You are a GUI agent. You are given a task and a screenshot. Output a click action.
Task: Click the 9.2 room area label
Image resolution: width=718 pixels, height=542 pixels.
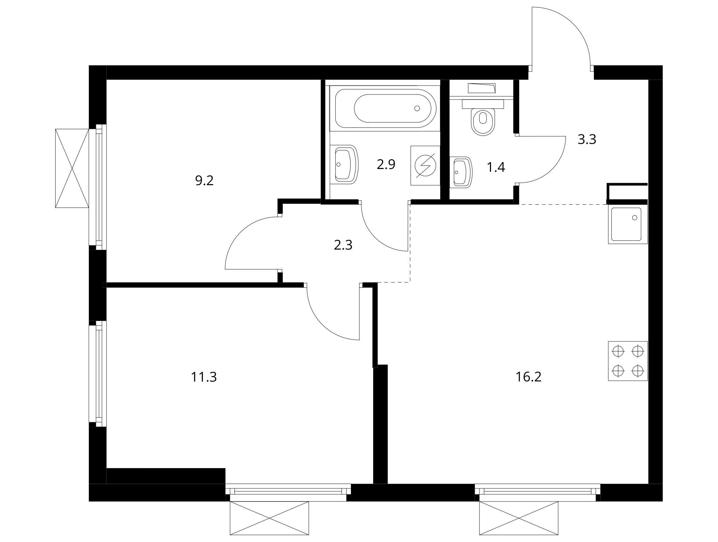coord(204,181)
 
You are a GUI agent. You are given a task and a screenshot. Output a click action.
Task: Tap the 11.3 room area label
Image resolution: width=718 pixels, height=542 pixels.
coord(204,377)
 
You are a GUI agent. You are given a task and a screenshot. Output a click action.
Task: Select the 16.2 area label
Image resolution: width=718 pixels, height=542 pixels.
coord(528,377)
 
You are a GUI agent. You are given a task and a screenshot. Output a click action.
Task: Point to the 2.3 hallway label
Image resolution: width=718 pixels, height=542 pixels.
coord(343,245)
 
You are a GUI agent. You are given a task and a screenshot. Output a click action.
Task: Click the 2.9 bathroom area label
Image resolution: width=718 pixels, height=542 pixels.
coord(386,165)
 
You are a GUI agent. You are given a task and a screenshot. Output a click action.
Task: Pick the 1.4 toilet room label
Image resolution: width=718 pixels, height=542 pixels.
coord(496,167)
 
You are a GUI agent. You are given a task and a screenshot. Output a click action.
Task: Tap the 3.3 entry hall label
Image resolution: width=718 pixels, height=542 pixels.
coord(587,139)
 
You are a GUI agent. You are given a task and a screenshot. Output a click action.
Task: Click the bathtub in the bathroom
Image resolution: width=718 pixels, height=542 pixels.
coord(385,108)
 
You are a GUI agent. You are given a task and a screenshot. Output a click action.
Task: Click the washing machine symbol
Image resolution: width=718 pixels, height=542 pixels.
coord(425,165)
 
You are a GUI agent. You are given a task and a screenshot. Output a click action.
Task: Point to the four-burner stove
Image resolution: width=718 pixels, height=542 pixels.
coord(628,361)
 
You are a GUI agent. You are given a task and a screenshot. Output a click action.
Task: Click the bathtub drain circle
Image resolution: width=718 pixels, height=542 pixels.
coord(417,108)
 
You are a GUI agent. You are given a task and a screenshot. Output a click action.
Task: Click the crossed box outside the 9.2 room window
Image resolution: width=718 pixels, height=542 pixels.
coord(72,168)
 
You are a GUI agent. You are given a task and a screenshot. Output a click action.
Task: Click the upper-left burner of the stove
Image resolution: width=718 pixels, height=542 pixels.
coord(618,351)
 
